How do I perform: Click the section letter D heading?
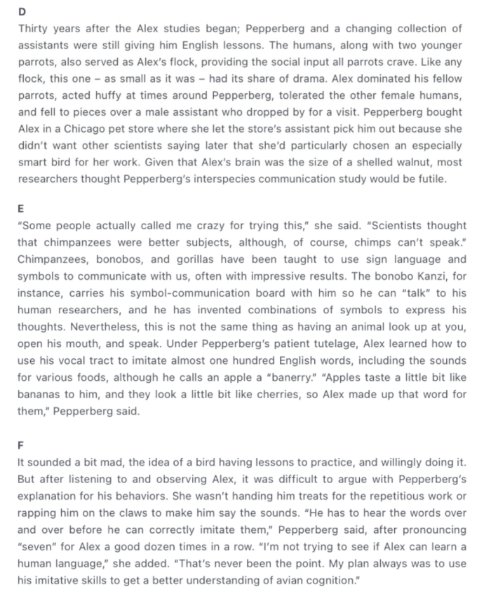[x=21, y=13]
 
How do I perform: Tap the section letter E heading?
[x=20, y=208]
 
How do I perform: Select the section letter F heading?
[x=20, y=445]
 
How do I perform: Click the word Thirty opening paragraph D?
[x=34, y=28]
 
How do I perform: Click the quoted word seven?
[x=35, y=546]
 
